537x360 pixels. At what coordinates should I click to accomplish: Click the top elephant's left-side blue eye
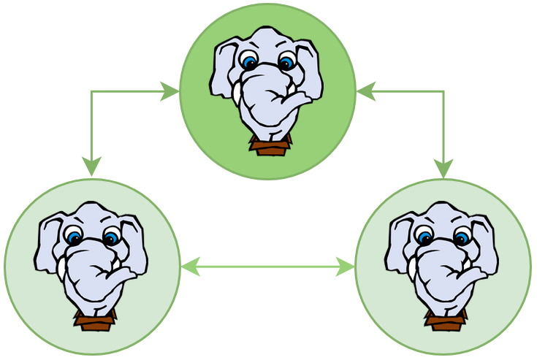[x=250, y=61]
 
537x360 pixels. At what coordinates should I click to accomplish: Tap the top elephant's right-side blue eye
[x=287, y=62]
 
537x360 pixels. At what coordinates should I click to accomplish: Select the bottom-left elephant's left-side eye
[x=74, y=237]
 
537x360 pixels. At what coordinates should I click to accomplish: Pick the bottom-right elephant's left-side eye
[x=424, y=237]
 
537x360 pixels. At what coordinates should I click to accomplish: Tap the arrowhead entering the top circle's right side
[x=365, y=91]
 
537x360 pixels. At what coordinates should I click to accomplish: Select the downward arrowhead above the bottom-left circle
[x=91, y=168]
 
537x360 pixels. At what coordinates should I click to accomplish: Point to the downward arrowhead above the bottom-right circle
[x=443, y=168]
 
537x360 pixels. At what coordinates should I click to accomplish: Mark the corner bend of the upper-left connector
[x=91, y=91]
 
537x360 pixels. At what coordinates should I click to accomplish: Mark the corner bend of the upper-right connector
[x=443, y=91]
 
